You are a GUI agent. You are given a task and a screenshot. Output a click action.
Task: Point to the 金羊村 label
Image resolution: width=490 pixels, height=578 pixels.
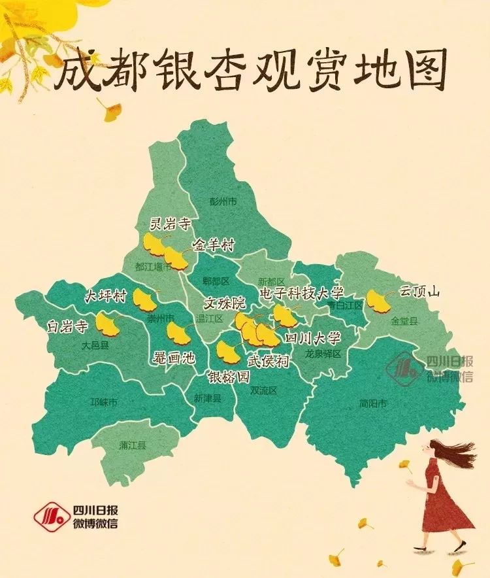(213, 245)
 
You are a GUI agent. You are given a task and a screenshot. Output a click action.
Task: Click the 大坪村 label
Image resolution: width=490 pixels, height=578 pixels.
(105, 295)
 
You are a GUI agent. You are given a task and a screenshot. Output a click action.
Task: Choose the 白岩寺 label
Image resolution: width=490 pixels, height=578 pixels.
(67, 325)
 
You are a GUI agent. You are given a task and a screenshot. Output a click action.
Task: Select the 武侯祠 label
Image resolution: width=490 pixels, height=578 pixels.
(268, 361)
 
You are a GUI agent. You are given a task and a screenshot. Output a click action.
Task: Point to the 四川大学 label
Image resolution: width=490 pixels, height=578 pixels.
(313, 339)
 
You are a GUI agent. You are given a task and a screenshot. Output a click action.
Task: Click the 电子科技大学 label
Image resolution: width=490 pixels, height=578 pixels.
(301, 292)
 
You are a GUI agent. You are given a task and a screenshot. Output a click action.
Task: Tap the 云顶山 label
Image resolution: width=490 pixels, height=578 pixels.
(420, 292)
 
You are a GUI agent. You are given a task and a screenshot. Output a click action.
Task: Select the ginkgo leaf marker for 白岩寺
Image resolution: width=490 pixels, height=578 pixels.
(108, 323)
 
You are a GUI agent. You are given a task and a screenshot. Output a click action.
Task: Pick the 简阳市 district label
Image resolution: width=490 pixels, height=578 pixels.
(373, 403)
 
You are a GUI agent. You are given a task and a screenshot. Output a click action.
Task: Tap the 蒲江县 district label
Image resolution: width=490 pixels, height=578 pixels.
(133, 445)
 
